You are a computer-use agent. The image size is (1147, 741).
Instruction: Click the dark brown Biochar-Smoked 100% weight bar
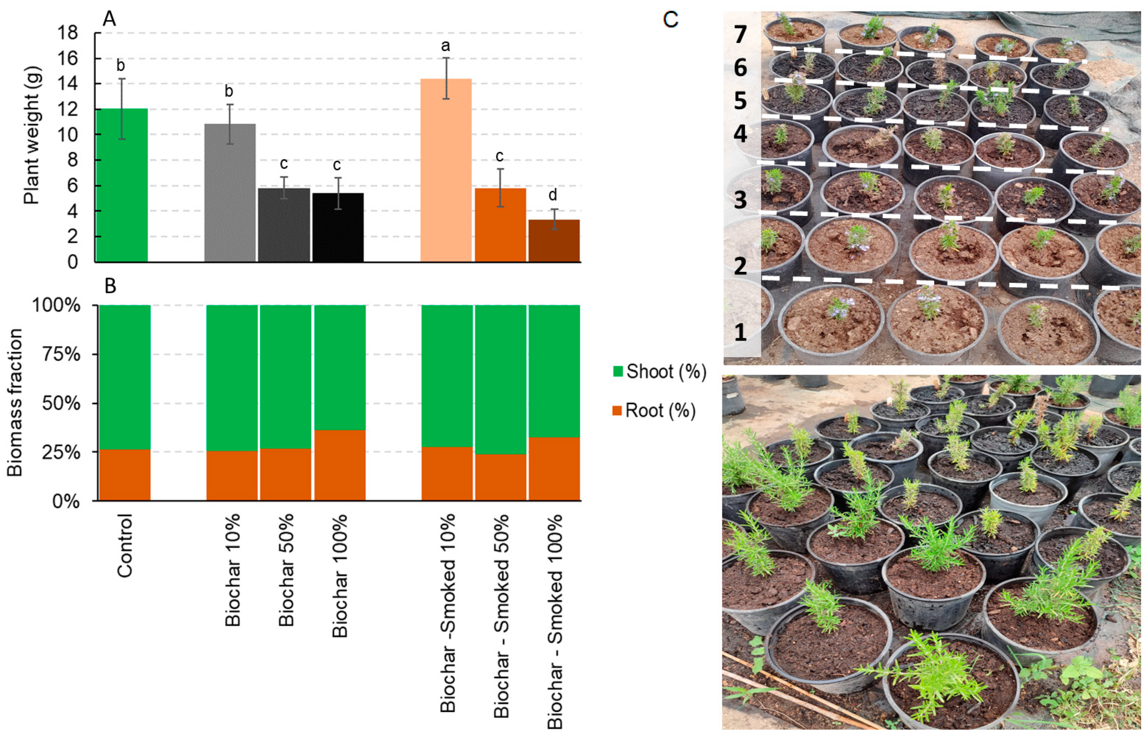point(553,241)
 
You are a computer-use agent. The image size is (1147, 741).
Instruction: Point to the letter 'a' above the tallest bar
point(445,46)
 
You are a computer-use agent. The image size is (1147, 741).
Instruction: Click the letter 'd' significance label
point(553,195)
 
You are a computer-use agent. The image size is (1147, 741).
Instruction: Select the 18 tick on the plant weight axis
point(67,33)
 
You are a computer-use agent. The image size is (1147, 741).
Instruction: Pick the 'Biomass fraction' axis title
point(15,402)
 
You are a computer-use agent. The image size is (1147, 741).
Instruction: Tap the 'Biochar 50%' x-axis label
point(286,570)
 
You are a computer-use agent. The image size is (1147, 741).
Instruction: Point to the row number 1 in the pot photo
point(740,332)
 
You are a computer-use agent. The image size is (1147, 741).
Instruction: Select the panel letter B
point(110,286)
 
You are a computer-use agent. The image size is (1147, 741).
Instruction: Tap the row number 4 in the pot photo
point(740,134)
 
